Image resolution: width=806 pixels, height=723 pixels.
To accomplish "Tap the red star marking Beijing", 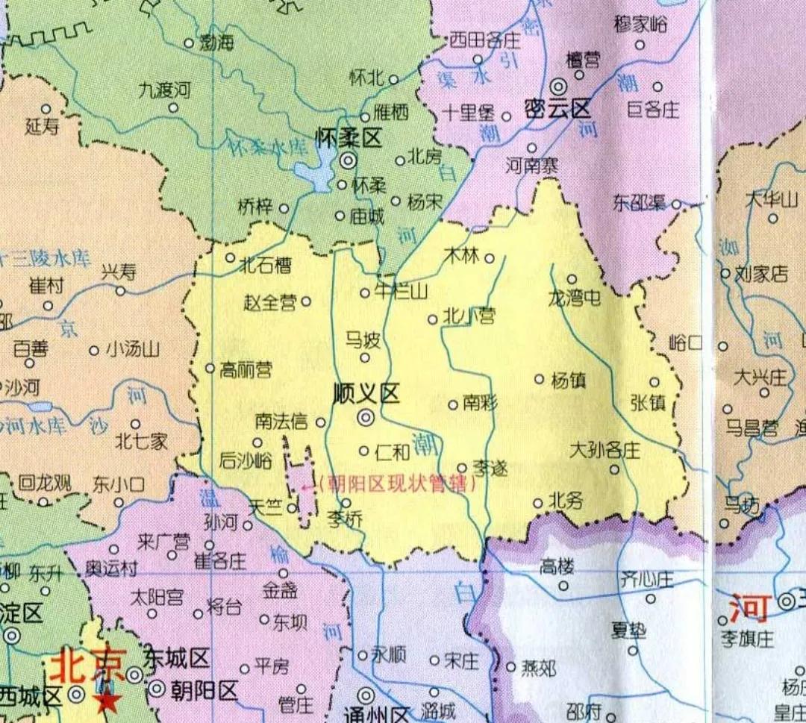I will [109, 701].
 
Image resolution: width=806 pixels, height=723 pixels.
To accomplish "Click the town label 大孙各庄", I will [604, 451].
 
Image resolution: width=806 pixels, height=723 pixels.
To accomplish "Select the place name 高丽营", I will [246, 369].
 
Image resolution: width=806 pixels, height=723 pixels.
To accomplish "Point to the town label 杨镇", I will [568, 380].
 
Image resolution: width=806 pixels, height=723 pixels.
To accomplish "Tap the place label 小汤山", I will [132, 349].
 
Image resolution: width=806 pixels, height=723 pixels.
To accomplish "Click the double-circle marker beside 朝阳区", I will [156, 689].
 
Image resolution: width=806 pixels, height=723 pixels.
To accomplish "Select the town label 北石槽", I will [264, 264].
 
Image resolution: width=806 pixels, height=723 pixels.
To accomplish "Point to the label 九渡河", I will [165, 90].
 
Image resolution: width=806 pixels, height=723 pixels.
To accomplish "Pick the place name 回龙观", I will [45, 483].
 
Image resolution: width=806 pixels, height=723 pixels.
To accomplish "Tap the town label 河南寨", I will [531, 166].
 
